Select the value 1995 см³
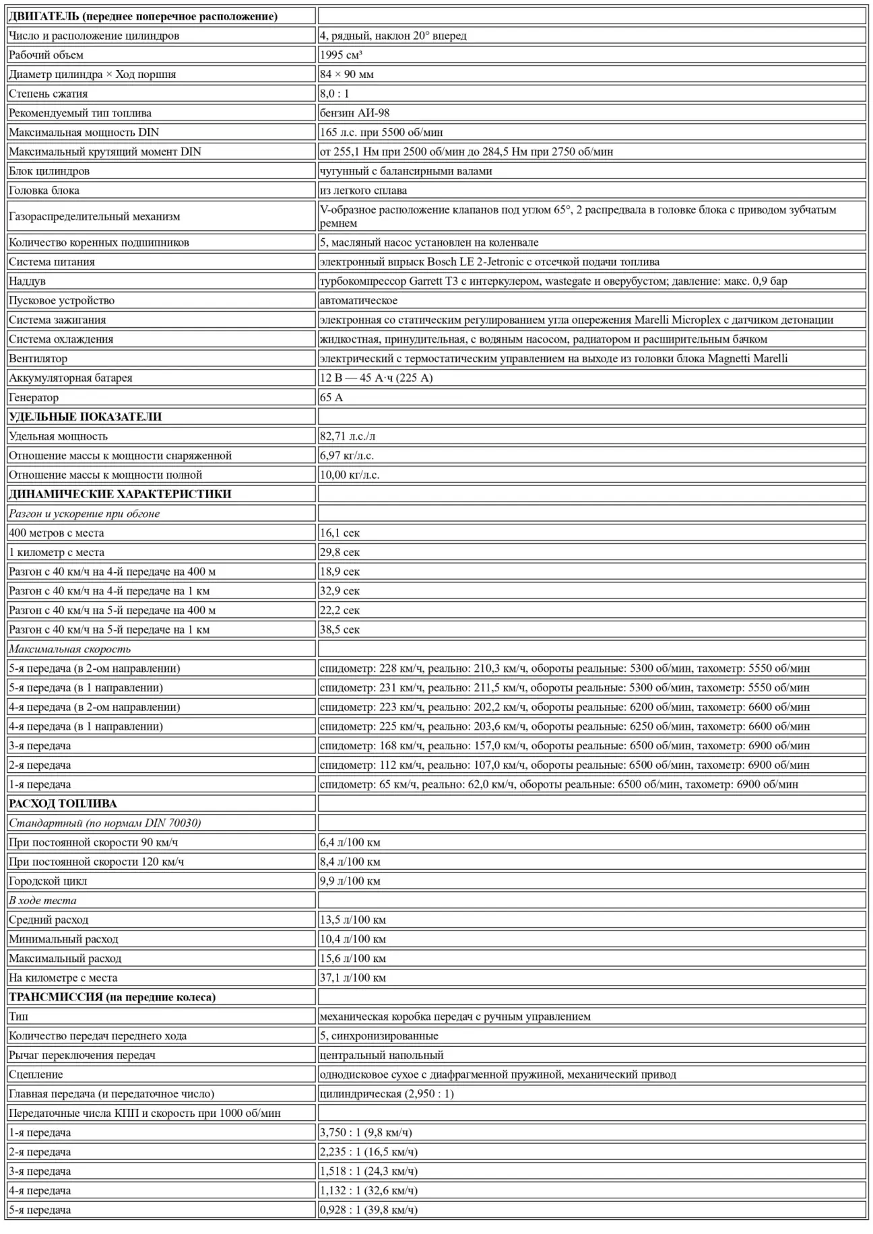coord(341,55)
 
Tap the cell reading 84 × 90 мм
coord(347,74)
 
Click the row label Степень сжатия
coord(48,94)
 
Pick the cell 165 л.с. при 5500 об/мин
coord(381,133)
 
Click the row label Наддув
coord(28,281)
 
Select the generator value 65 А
coord(331,397)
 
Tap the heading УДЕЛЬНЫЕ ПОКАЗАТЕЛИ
coord(86,417)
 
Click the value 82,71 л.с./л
coord(348,436)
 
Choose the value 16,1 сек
coord(340,533)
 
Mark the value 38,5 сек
coord(340,629)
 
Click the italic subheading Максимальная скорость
coord(70,649)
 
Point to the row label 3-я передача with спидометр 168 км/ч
coord(40,746)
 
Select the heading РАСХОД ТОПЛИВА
coord(63,804)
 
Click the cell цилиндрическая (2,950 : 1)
coord(387,1094)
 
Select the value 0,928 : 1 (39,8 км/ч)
coord(368,1210)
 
